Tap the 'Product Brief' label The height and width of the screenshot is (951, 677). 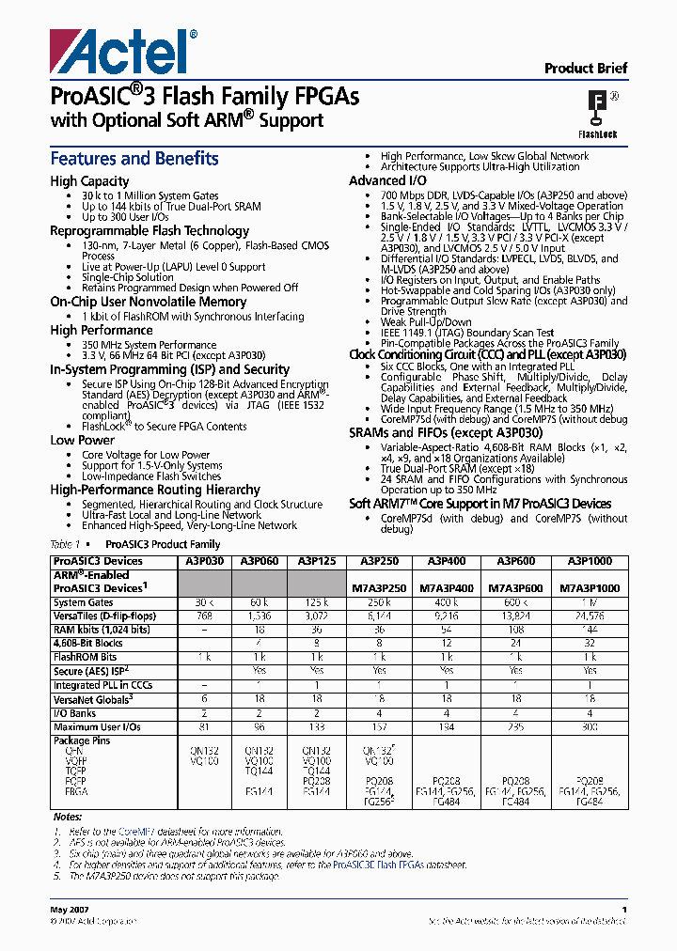pos(586,68)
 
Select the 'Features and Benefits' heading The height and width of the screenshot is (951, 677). pos(134,159)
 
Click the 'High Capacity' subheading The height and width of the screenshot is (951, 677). pos(89,181)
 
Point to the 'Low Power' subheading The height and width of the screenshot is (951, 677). pos(82,440)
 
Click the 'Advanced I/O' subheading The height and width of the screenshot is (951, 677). pos(387,180)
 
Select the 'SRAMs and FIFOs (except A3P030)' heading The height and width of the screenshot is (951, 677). pos(446,432)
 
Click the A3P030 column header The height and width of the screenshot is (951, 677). pos(204,561)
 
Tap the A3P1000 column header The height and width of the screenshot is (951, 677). pos(589,561)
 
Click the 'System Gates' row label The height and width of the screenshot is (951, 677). pos(83,602)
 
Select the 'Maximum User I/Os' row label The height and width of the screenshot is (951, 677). pos(97,726)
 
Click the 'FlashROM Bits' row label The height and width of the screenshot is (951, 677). pos(85,657)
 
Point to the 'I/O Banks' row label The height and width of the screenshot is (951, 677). pos(75,713)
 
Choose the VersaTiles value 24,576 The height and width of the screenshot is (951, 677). pos(589,616)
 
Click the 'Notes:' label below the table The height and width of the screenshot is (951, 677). pos(68,817)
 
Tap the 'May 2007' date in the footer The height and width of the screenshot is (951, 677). pos(68,911)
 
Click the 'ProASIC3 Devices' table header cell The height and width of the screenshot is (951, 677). pos(98,561)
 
